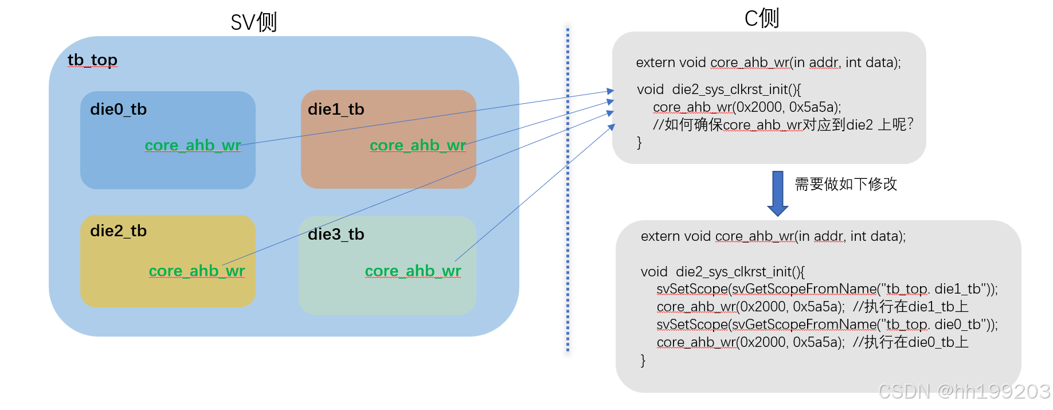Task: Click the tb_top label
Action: pyautogui.click(x=92, y=60)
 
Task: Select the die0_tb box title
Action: pyautogui.click(x=118, y=109)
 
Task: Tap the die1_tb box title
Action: pyautogui.click(x=336, y=109)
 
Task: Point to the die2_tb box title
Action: pyautogui.click(x=118, y=231)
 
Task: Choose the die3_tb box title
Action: pyautogui.click(x=336, y=234)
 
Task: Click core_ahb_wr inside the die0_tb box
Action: pyautogui.click(x=193, y=145)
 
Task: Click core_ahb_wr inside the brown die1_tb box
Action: pyautogui.click(x=418, y=145)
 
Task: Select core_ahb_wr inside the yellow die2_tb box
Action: pyautogui.click(x=197, y=271)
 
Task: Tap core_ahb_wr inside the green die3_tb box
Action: pyautogui.click(x=413, y=271)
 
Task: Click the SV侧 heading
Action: pyautogui.click(x=253, y=22)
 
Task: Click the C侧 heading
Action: pyautogui.click(x=761, y=18)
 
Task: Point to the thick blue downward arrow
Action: pyautogui.click(x=777, y=193)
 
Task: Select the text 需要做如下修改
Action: pyautogui.click(x=845, y=184)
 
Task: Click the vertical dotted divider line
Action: pyautogui.click(x=567, y=189)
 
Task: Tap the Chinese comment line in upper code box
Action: pyautogui.click(x=782, y=124)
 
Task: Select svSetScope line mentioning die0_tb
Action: pyautogui.click(x=827, y=325)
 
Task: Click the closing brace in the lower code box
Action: pyautogui.click(x=643, y=360)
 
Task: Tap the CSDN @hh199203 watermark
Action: pyautogui.click(x=964, y=392)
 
